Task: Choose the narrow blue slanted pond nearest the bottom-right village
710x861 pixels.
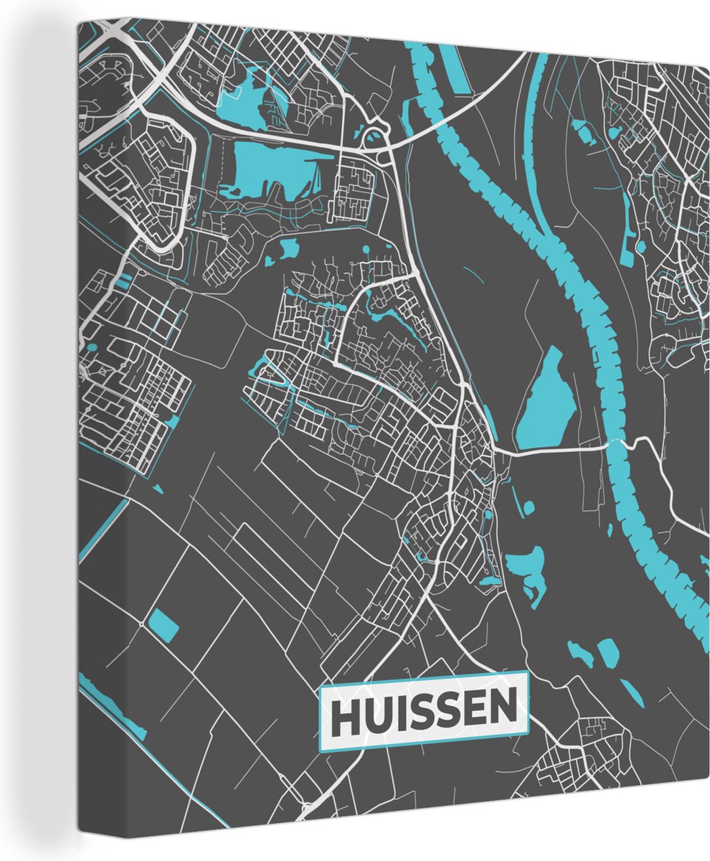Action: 631,690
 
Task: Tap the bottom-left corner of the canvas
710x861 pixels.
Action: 80,832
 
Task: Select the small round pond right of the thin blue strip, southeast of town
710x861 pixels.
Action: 529,508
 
